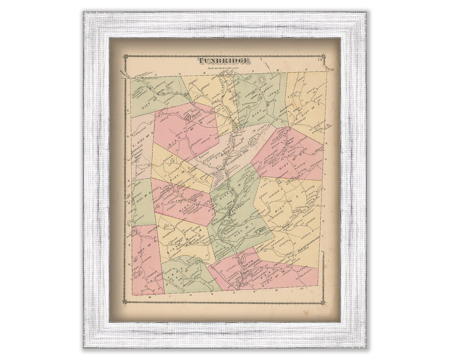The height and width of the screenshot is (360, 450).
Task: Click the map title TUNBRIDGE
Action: point(223,61)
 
